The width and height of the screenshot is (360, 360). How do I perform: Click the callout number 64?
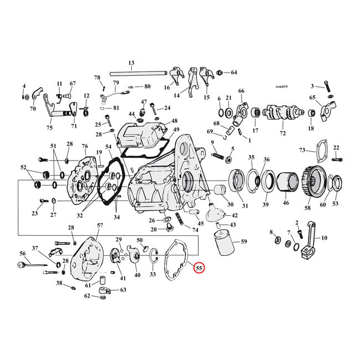(233, 73)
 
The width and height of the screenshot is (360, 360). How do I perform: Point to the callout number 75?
(49, 128)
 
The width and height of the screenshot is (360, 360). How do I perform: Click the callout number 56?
(23, 253)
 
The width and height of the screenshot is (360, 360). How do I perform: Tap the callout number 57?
(100, 225)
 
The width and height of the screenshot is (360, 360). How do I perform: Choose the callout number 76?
(85, 146)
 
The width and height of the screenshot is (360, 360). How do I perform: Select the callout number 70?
(33, 109)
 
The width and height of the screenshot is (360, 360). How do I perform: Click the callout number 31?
(245, 206)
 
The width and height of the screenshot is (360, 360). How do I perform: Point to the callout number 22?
(336, 147)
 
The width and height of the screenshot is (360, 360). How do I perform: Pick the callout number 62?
(88, 296)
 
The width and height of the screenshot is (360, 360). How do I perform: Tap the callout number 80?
(147, 86)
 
